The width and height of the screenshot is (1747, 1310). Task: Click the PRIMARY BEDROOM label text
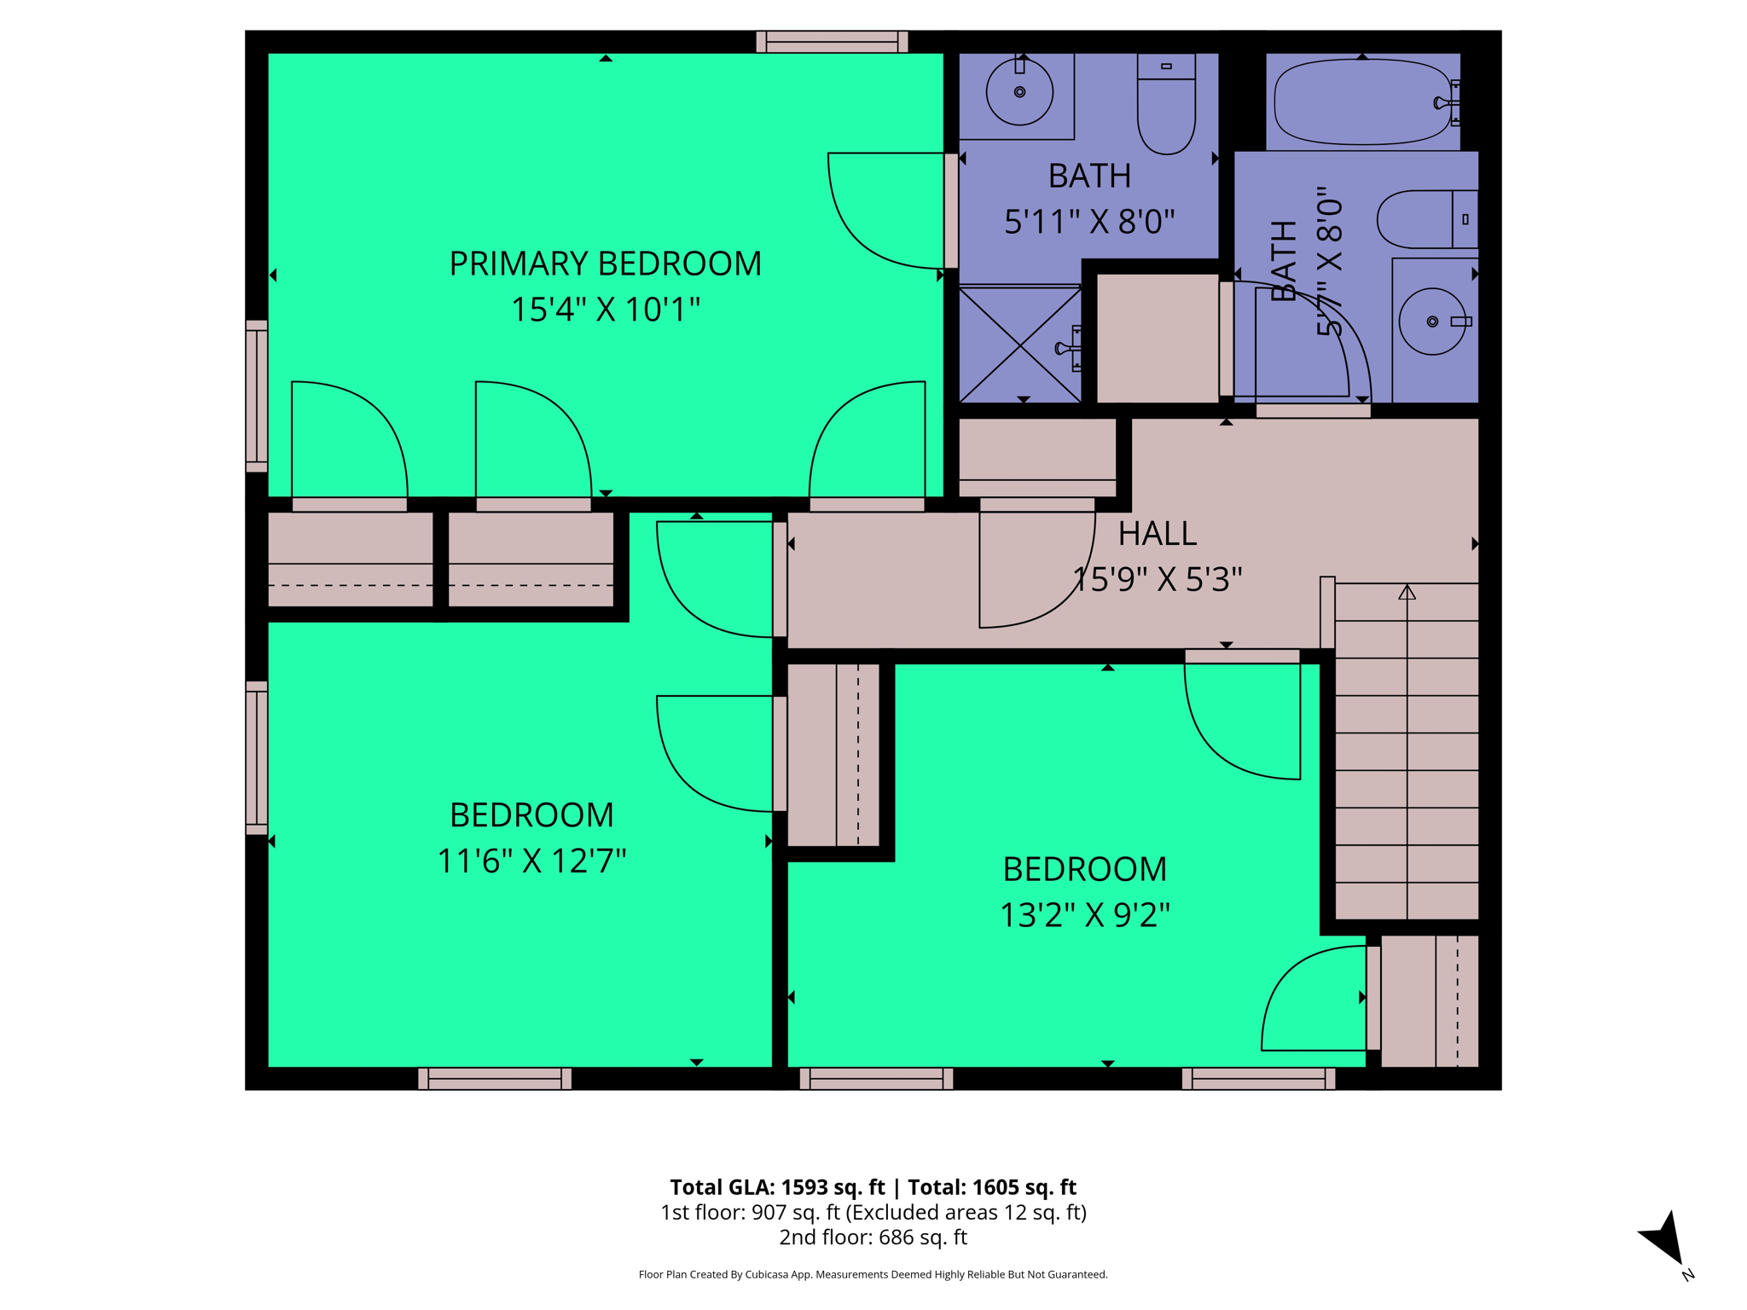coord(605,264)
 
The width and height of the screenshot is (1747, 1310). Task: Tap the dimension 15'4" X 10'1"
coord(605,310)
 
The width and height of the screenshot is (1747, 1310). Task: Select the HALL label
coord(1157,534)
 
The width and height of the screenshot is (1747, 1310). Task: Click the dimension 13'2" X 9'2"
coord(1084,915)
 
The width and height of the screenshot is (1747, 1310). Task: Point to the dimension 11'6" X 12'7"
coord(531,861)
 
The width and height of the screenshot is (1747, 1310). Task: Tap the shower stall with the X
coord(1020,345)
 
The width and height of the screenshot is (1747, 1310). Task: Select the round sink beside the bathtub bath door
coord(1433,322)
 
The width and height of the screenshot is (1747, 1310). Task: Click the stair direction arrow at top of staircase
coord(1407,592)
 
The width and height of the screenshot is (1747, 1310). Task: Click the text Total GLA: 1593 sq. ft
coord(777,1187)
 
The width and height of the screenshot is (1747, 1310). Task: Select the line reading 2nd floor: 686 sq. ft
coord(873,1237)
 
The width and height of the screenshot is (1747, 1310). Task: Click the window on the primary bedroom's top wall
coord(832,42)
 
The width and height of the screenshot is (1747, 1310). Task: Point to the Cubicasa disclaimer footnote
coord(873,1274)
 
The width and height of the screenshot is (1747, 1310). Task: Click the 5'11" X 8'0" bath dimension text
coord(1089,222)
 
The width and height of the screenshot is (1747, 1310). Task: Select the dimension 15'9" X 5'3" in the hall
coord(1157,580)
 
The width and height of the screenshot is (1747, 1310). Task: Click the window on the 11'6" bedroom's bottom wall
coord(495,1078)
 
